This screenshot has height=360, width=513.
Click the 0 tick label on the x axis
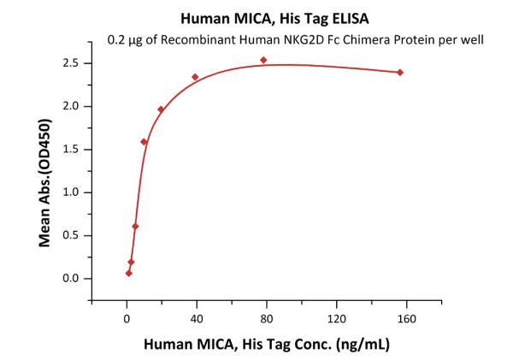point(127,318)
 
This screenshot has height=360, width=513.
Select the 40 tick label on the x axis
point(197,318)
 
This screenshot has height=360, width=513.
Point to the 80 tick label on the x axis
point(267,318)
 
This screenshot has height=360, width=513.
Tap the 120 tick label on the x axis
point(336,318)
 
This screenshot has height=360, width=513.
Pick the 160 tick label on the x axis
point(406,318)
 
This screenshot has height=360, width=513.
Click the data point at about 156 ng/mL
point(400,72)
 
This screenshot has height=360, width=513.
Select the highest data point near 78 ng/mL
point(263,60)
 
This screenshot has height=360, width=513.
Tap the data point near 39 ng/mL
point(195,77)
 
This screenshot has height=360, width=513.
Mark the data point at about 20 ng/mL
point(161,109)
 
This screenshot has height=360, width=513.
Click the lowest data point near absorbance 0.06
point(128,274)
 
